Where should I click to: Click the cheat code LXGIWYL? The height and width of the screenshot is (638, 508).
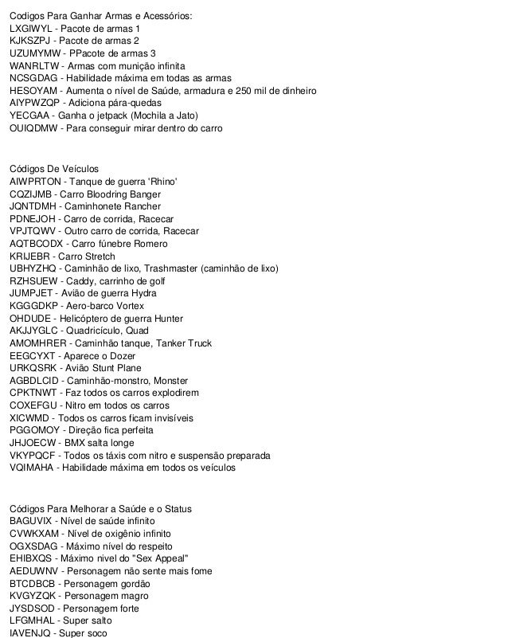click(x=32, y=29)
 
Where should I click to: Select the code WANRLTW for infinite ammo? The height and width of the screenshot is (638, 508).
click(x=33, y=65)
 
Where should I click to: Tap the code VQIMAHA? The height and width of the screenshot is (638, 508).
click(x=32, y=468)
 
